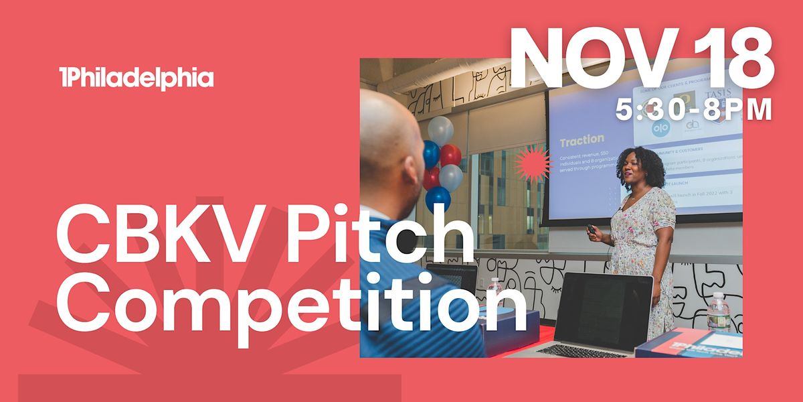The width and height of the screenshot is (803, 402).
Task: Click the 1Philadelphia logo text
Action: [x=136, y=79]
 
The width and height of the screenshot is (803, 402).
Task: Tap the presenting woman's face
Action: [x=639, y=172]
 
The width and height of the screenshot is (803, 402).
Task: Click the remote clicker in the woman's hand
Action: [x=592, y=228]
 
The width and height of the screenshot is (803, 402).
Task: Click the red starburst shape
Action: [x=531, y=163]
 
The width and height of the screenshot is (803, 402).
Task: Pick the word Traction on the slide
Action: [x=582, y=141]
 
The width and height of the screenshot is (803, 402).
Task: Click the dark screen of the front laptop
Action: [x=602, y=308]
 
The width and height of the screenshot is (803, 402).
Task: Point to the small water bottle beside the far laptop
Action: [x=495, y=285]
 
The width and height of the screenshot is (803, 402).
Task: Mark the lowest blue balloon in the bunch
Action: [x=438, y=198]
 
